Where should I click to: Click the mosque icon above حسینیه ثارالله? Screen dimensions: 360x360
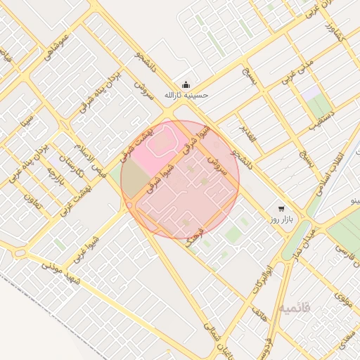pyautogui.click(x=186, y=82)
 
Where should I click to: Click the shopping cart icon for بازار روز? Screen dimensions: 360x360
pyautogui.click(x=281, y=209)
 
